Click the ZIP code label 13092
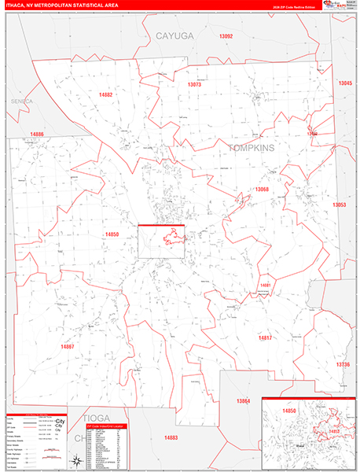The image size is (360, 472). (226, 37)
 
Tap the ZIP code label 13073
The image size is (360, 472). (194, 84)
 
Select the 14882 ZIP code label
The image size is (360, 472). (106, 94)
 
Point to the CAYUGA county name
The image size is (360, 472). (173, 36)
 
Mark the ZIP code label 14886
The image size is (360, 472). (36, 135)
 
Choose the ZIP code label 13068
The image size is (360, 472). (262, 190)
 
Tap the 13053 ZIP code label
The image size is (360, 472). (339, 205)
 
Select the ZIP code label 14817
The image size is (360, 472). (265, 337)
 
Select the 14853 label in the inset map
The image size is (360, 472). (334, 431)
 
